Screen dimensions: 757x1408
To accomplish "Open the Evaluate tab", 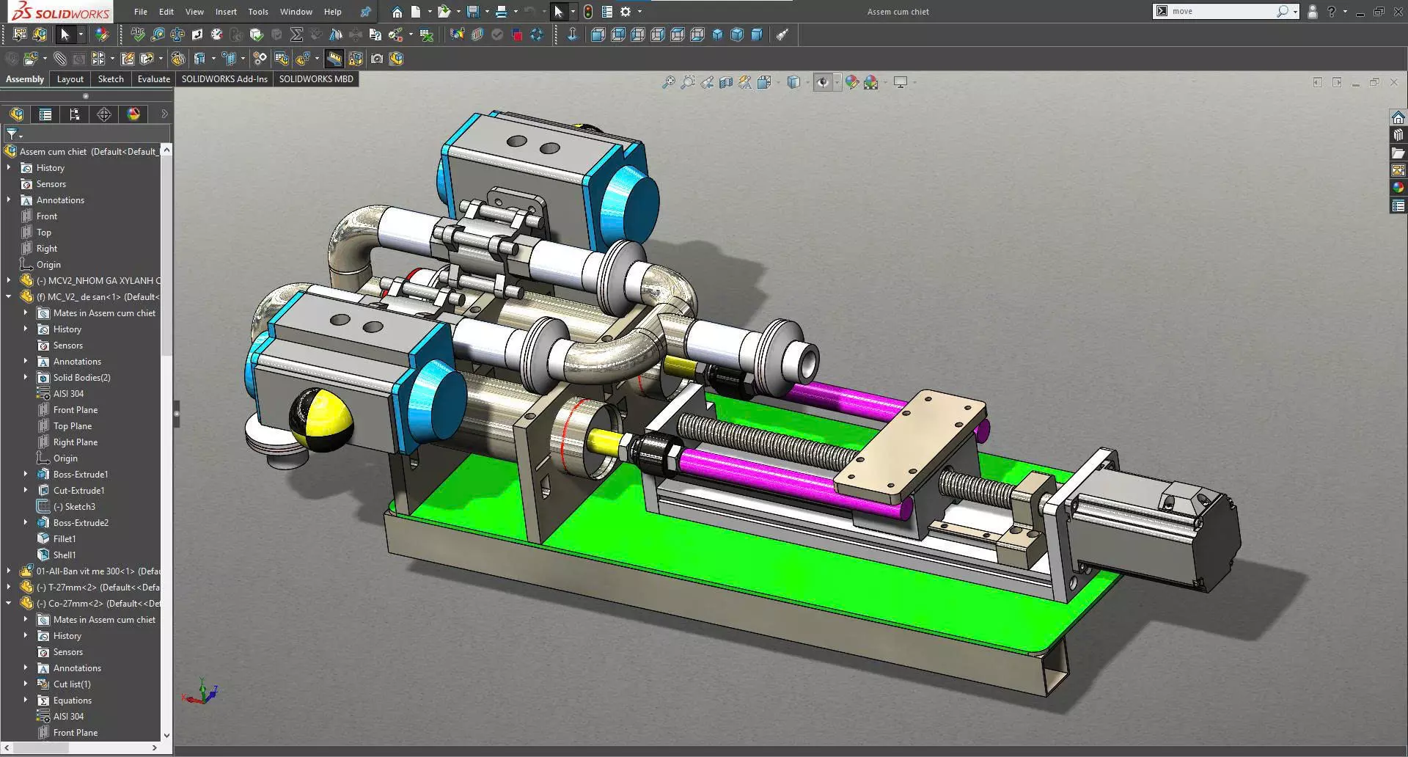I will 153,79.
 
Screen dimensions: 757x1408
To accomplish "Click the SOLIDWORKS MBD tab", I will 315,79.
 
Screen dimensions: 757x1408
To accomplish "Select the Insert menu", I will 226,12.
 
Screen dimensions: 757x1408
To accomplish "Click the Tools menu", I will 258,12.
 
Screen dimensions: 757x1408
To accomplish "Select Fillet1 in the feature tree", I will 65,539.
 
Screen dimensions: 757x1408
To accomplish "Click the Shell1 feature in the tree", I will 65,555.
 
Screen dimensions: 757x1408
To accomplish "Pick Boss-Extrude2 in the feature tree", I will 81,523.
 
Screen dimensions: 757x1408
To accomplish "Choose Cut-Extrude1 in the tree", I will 78,491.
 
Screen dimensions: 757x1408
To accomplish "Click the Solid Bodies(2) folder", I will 81,378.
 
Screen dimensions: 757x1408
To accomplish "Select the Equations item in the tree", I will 72,701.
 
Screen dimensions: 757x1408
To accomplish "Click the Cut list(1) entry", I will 72,684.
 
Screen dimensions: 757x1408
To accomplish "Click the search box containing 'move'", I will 1221,12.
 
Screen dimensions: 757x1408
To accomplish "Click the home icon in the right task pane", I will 1398,117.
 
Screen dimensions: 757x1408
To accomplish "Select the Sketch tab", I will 111,79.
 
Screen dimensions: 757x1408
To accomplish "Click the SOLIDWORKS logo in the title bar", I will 60,12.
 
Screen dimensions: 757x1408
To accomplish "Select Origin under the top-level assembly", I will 48,265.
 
